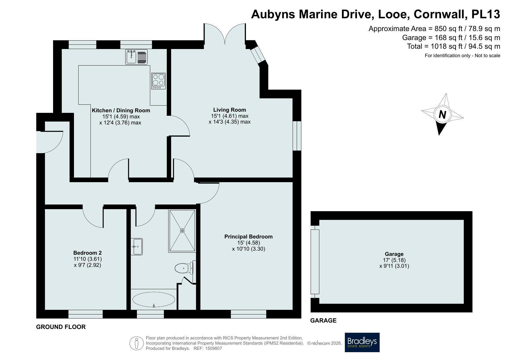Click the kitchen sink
tap(137, 57)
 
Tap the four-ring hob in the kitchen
tap(158, 81)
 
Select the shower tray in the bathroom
tap(182, 231)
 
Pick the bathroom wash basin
tap(137, 247)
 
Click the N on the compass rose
tap(442, 115)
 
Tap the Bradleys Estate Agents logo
tap(362, 342)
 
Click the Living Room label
tap(229, 110)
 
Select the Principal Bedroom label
tap(249, 237)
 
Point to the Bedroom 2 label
tap(87, 253)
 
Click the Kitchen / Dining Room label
tap(121, 110)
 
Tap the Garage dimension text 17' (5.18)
tap(394, 260)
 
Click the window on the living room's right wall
tap(297, 136)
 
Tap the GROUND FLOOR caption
tap(61, 327)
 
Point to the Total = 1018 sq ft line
tap(454, 46)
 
